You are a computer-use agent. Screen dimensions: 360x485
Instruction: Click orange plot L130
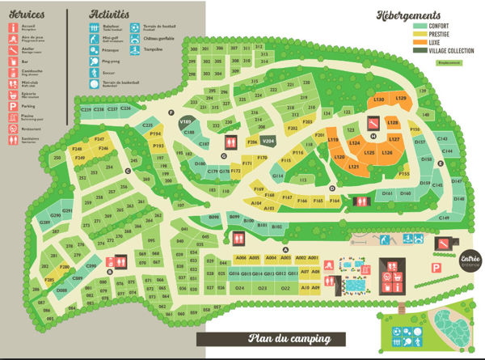tap(379, 100)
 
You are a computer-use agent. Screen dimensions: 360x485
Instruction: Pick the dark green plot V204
tap(269, 141)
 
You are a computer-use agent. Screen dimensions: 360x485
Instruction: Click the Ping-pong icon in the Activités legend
tap(96, 61)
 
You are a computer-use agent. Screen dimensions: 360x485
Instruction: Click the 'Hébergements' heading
tap(409, 15)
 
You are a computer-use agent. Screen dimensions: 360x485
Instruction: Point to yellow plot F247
tap(102, 140)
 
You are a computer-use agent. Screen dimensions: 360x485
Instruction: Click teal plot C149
tap(443, 218)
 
